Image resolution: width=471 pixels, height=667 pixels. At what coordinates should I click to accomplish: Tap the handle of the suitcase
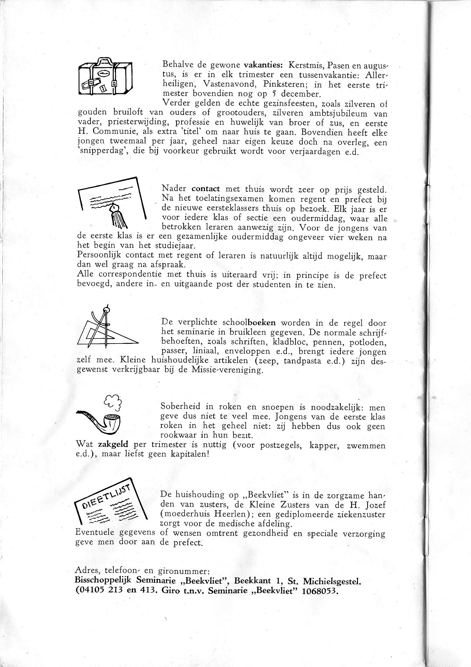[105, 61]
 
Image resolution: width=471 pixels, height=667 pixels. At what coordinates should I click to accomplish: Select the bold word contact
[206, 189]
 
